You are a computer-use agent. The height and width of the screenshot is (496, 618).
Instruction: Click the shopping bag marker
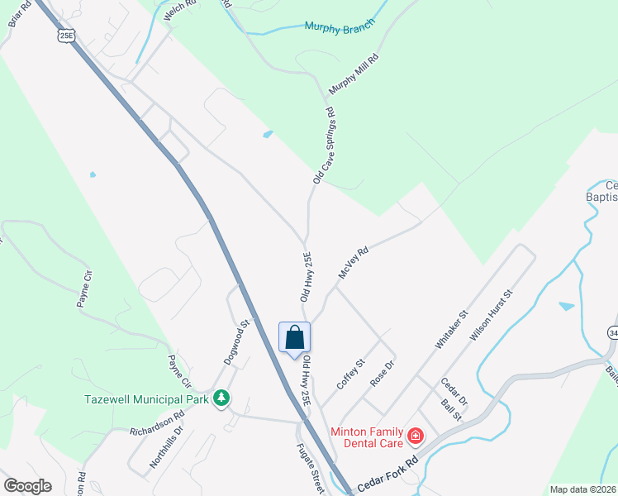(295, 338)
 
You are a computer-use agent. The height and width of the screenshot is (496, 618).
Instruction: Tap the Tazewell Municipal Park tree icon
(221, 398)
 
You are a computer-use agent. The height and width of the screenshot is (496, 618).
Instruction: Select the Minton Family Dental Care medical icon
(415, 434)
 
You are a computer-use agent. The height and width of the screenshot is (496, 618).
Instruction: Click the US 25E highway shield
(65, 35)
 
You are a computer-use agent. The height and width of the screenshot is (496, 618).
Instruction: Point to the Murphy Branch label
(340, 26)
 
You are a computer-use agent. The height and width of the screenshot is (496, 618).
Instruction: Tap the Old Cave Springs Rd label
(322, 145)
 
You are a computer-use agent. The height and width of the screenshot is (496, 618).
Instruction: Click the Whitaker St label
(452, 328)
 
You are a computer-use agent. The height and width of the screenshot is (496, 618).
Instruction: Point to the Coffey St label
(350, 374)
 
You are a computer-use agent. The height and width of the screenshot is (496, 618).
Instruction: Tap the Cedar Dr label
(454, 390)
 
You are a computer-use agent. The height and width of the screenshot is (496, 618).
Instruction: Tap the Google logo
(27, 486)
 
